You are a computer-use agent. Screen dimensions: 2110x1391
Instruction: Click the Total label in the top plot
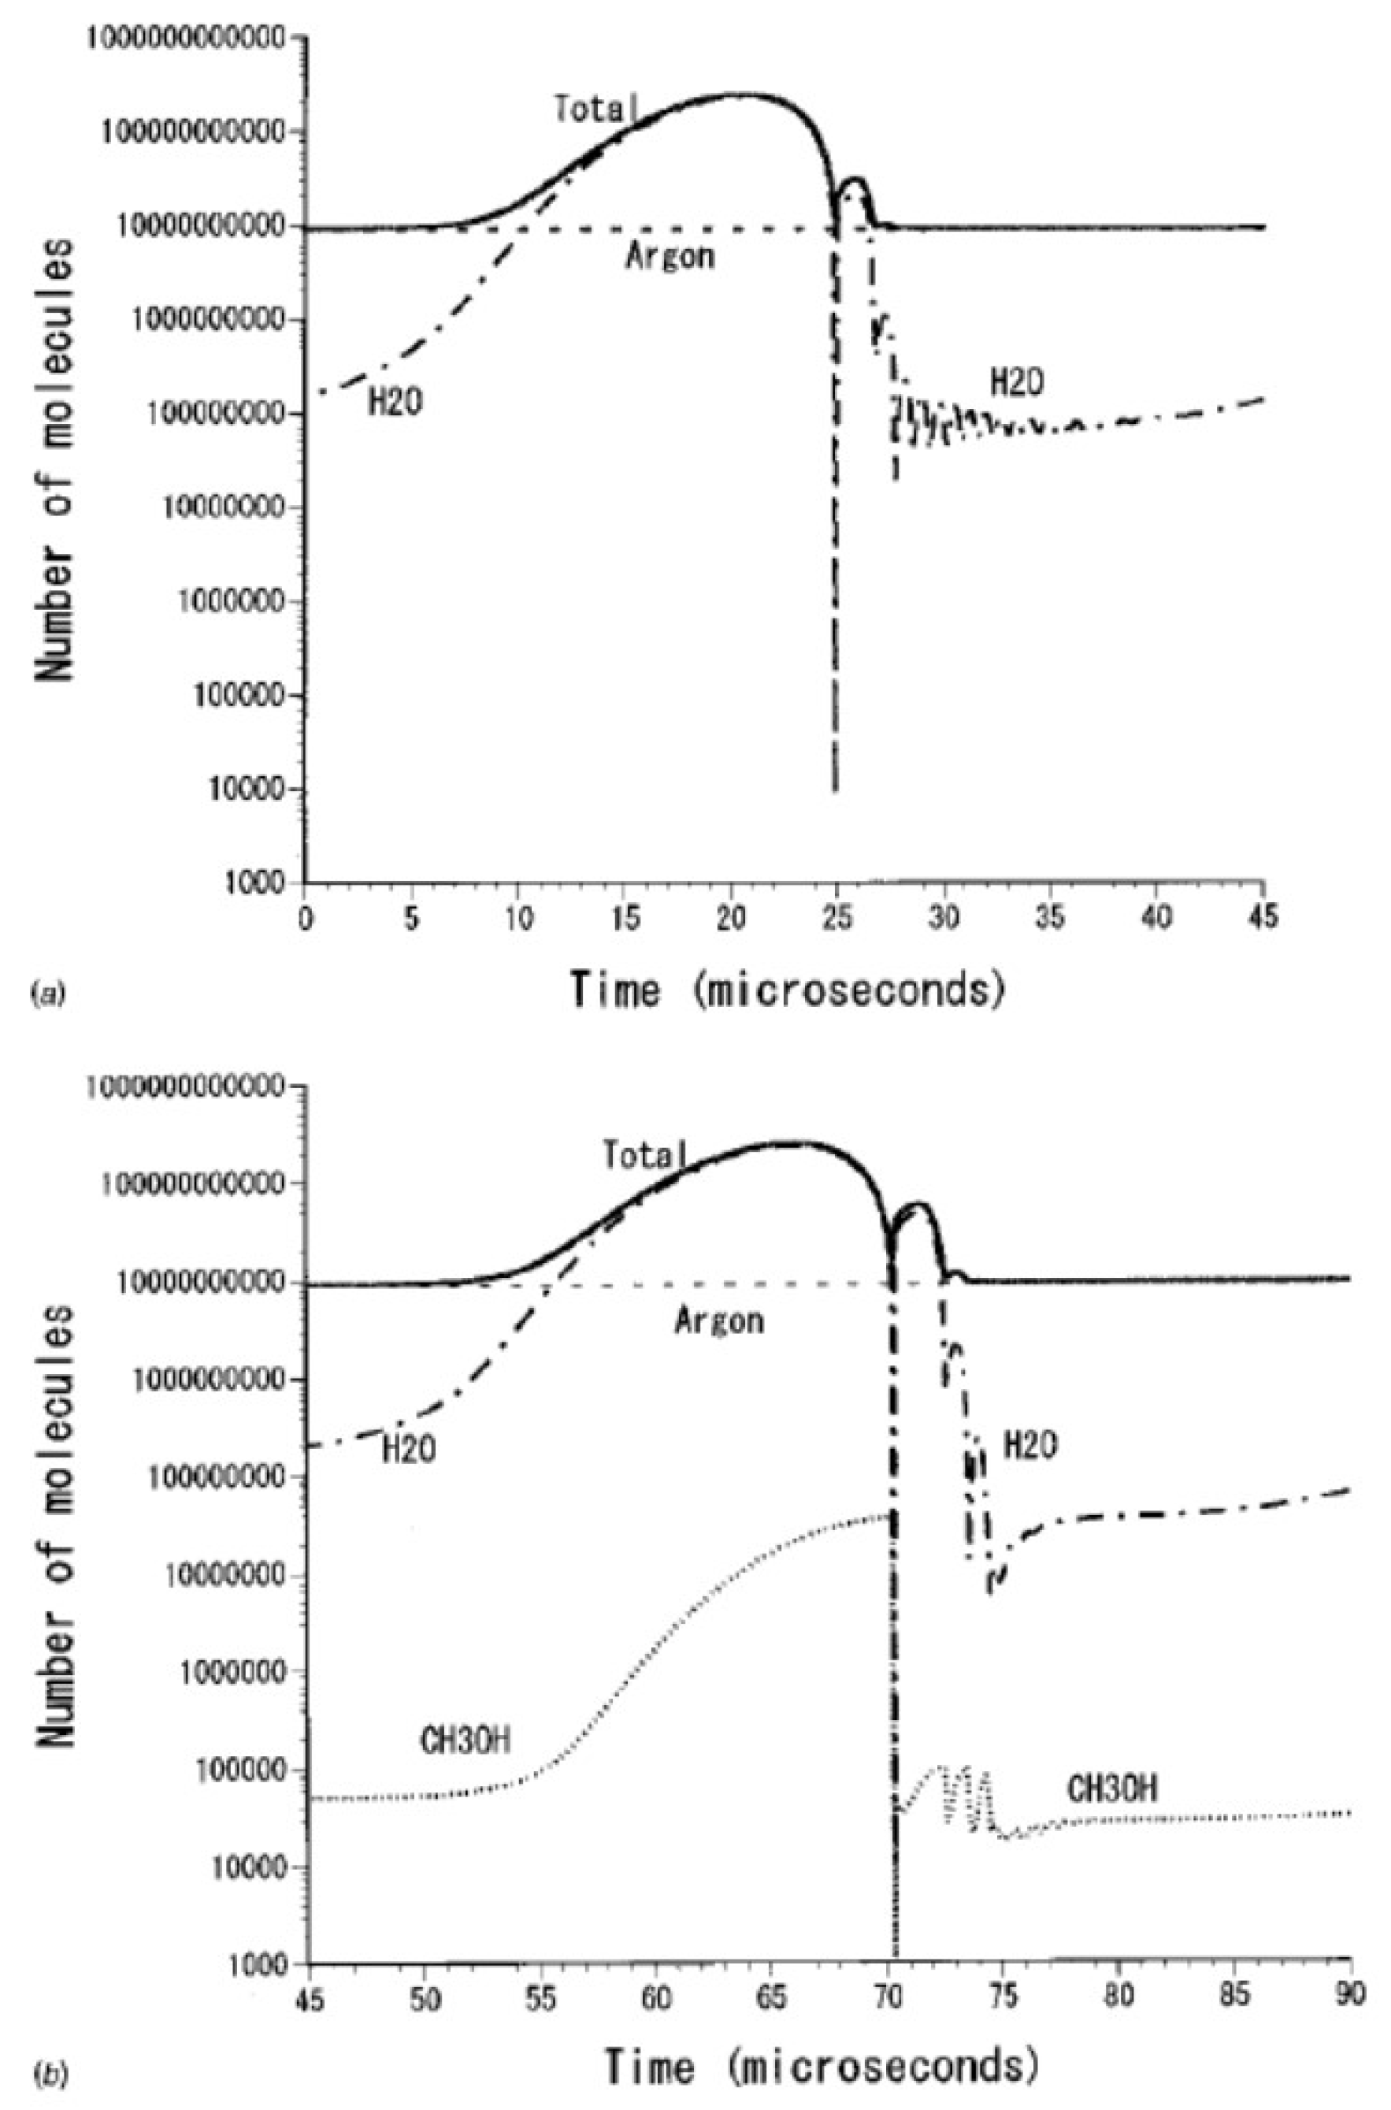pyautogui.click(x=595, y=110)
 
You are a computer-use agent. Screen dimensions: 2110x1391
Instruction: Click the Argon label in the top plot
pyautogui.click(x=670, y=258)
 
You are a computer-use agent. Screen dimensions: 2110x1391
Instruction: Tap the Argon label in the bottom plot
pyautogui.click(x=718, y=1322)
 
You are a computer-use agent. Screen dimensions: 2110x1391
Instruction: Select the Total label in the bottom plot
pyautogui.click(x=644, y=1155)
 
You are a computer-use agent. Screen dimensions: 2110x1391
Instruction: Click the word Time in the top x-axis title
pyautogui.click(x=616, y=990)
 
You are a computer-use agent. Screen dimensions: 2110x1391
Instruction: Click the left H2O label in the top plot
pyautogui.click(x=395, y=403)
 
